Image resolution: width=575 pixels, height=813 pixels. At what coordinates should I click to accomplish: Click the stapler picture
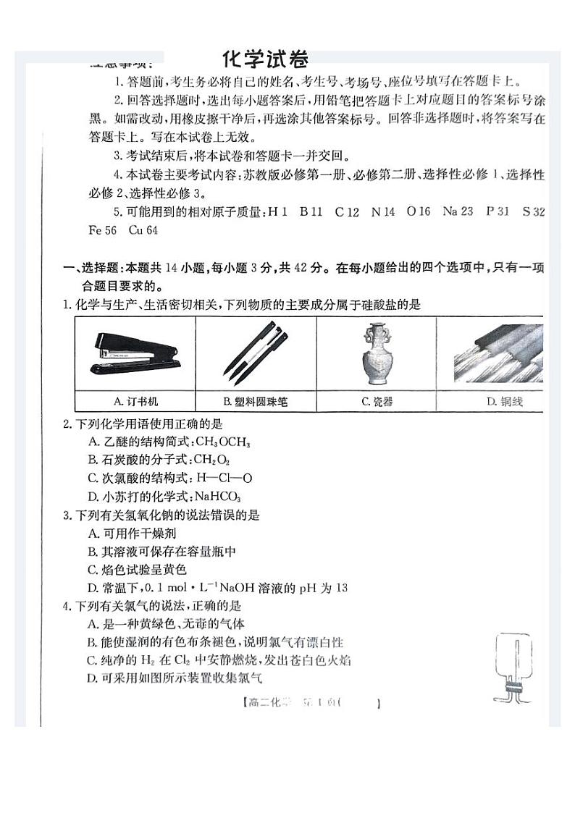pos(135,353)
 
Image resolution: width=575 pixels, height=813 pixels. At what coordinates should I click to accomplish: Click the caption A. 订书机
pos(135,400)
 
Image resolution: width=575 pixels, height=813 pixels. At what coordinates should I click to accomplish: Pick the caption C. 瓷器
pos(377,401)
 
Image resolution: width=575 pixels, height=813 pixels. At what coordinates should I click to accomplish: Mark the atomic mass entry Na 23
pos(458,211)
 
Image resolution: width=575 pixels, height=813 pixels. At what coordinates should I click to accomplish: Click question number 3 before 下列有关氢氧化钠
pos(67,515)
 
